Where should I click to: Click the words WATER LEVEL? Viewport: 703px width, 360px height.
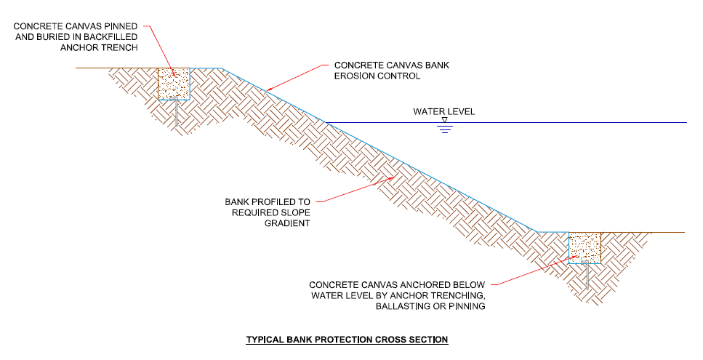443,112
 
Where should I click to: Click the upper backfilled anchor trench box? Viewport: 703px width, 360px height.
174,84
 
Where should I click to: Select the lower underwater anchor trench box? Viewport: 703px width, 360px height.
585,248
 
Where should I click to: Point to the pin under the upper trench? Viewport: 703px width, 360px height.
175,111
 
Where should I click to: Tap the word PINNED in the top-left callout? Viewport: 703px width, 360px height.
119,27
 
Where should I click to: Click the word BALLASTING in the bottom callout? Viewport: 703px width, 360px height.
401,307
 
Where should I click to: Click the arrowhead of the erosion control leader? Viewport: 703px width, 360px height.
266,91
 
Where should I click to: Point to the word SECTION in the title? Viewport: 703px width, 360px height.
429,340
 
